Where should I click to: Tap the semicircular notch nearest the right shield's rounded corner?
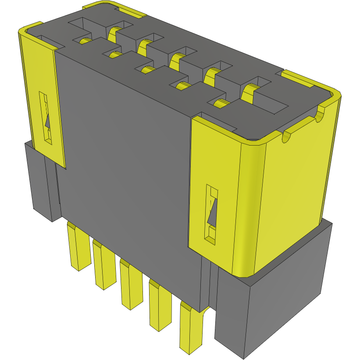(286, 136)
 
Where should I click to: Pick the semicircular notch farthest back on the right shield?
(321, 114)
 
